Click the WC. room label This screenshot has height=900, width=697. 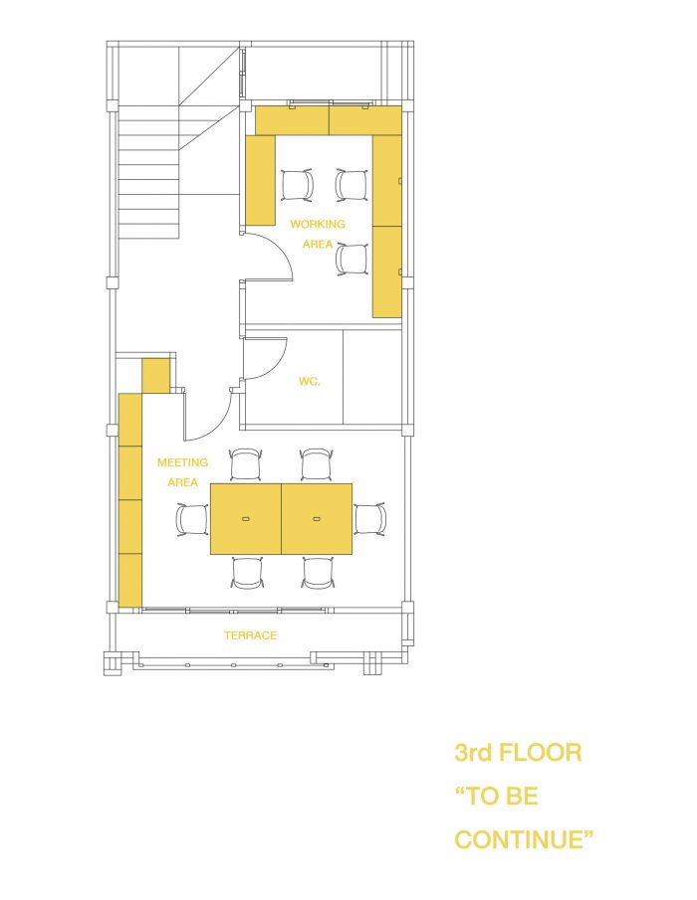point(309,381)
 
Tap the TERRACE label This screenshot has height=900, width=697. point(251,635)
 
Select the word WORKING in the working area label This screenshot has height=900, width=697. point(318,224)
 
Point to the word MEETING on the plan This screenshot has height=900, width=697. point(183,462)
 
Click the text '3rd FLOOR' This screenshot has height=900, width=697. point(518,753)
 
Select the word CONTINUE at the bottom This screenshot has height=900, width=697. point(524,839)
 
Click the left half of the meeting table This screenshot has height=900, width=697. point(245,519)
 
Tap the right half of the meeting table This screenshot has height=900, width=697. point(317,519)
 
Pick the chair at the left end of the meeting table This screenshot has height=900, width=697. point(192,519)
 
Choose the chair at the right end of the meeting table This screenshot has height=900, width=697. point(369,519)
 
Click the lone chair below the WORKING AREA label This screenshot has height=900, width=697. point(351,260)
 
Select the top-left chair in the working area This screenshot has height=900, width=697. point(298,185)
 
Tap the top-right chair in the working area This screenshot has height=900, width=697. point(351,185)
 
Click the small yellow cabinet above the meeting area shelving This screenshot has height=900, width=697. point(155,375)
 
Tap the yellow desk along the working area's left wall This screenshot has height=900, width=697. point(260,180)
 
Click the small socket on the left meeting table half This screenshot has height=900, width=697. point(245,519)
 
